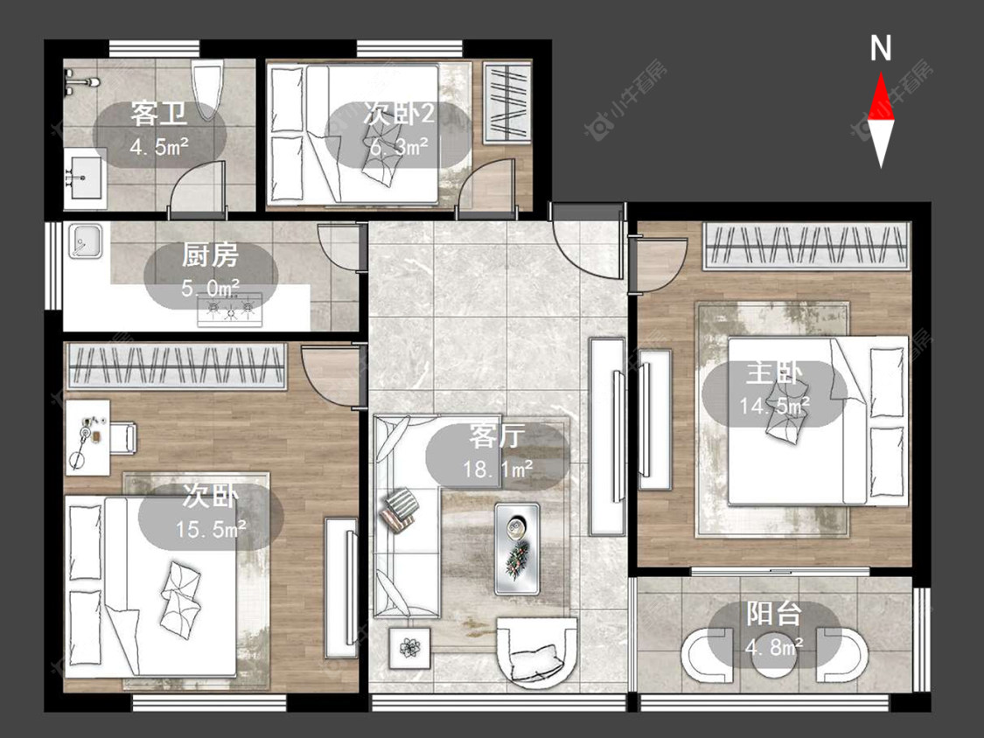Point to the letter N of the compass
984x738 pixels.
pyautogui.click(x=881, y=48)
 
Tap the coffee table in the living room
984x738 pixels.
pyautogui.click(x=516, y=548)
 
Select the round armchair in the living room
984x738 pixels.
pyautogui.click(x=536, y=651)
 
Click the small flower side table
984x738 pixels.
pyautogui.click(x=410, y=648)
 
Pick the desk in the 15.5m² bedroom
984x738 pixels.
pyautogui.click(x=87, y=437)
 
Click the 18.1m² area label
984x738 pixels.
pyautogui.click(x=498, y=469)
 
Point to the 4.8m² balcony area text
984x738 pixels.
pyautogui.click(x=774, y=645)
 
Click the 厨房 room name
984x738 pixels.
pyautogui.click(x=210, y=255)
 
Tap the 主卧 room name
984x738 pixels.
pyautogui.click(x=774, y=372)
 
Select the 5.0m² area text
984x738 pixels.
pyautogui.click(x=210, y=288)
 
